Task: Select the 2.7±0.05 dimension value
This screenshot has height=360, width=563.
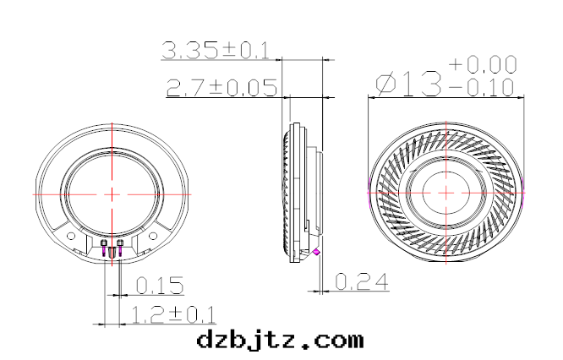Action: (222, 87)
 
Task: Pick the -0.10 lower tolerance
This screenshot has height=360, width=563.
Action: (483, 87)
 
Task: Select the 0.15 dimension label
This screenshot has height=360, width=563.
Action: (159, 285)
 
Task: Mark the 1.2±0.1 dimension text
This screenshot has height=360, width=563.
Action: (173, 315)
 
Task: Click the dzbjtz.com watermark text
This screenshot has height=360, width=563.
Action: (280, 340)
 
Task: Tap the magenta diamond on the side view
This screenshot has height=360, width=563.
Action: (316, 252)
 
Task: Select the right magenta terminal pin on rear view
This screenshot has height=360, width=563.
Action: (120, 245)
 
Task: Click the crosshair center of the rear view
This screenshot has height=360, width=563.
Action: (112, 194)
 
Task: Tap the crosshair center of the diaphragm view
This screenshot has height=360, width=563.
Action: (446, 193)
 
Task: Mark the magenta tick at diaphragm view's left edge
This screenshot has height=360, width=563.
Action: (368, 193)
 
